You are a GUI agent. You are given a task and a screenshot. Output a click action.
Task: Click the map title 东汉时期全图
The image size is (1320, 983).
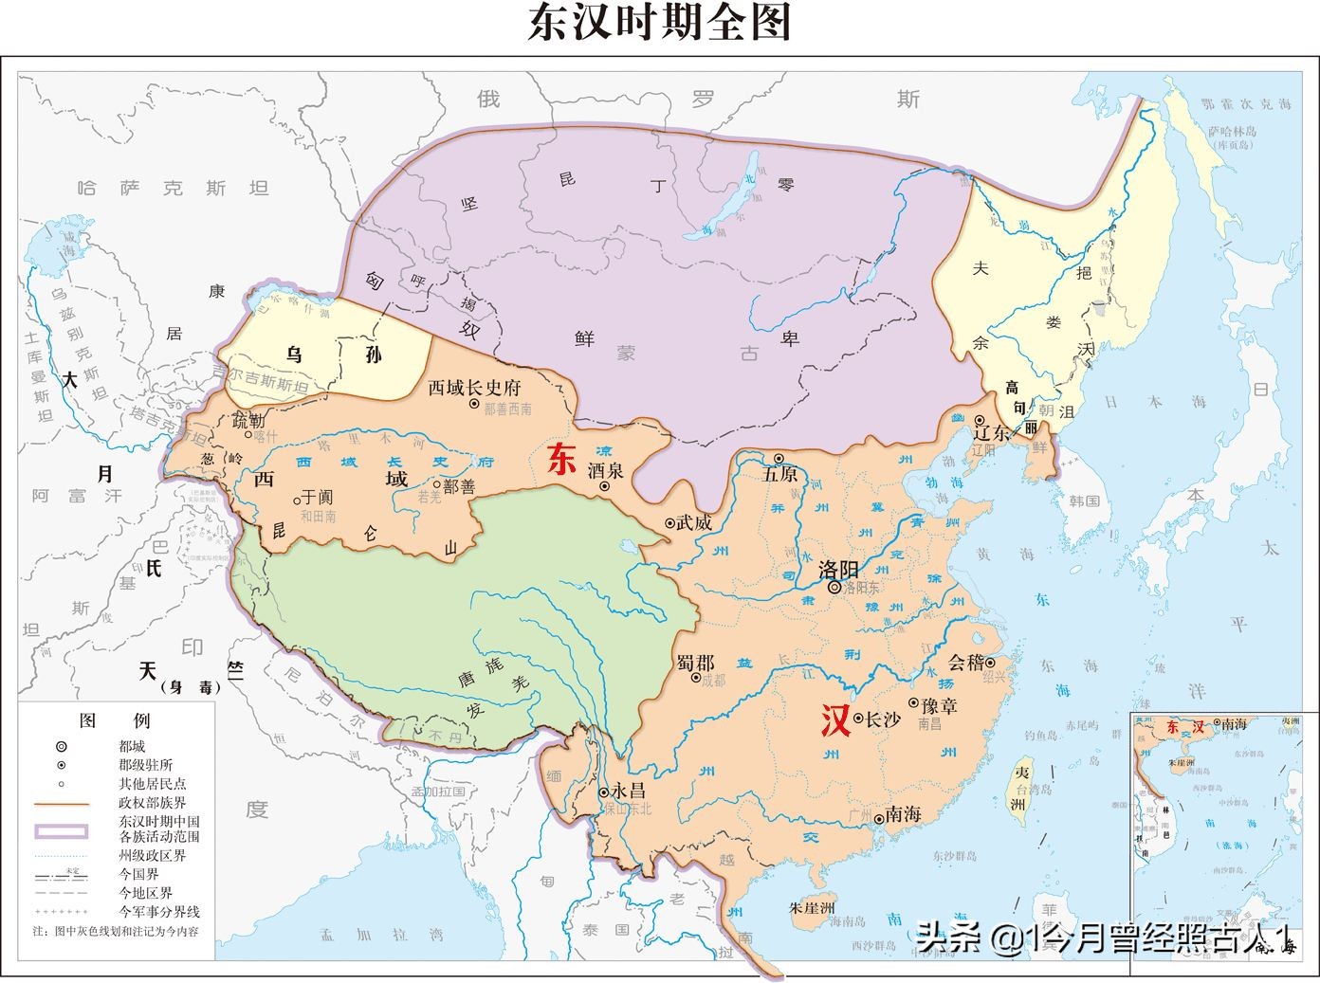659,23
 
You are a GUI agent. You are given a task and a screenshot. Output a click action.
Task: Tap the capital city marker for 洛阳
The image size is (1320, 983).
834,588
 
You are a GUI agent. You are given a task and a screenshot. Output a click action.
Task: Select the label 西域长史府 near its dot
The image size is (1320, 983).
474,388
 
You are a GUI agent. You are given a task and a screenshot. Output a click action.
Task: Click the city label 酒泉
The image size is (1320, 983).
605,470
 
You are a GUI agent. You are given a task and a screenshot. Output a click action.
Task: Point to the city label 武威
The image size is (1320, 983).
693,522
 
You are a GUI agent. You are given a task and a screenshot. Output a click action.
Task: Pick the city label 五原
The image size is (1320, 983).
779,474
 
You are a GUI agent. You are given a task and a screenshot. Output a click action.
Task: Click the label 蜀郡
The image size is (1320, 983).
696,662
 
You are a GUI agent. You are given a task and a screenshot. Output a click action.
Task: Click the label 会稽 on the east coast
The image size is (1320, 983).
966,663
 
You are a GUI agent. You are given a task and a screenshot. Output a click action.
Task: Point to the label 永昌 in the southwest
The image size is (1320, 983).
628,791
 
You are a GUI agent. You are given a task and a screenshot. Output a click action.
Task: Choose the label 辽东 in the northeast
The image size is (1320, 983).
993,431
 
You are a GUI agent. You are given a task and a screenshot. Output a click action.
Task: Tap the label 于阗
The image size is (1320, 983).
317,497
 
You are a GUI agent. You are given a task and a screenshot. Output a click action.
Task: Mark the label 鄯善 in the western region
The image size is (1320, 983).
460,485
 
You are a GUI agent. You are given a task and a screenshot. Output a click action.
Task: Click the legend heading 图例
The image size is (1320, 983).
101,720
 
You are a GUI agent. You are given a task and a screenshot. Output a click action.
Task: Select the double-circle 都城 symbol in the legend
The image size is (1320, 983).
62,747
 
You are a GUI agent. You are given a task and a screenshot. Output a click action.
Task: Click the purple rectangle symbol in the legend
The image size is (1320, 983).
62,830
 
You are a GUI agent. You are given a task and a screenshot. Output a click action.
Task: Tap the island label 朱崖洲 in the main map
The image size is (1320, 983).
811,907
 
